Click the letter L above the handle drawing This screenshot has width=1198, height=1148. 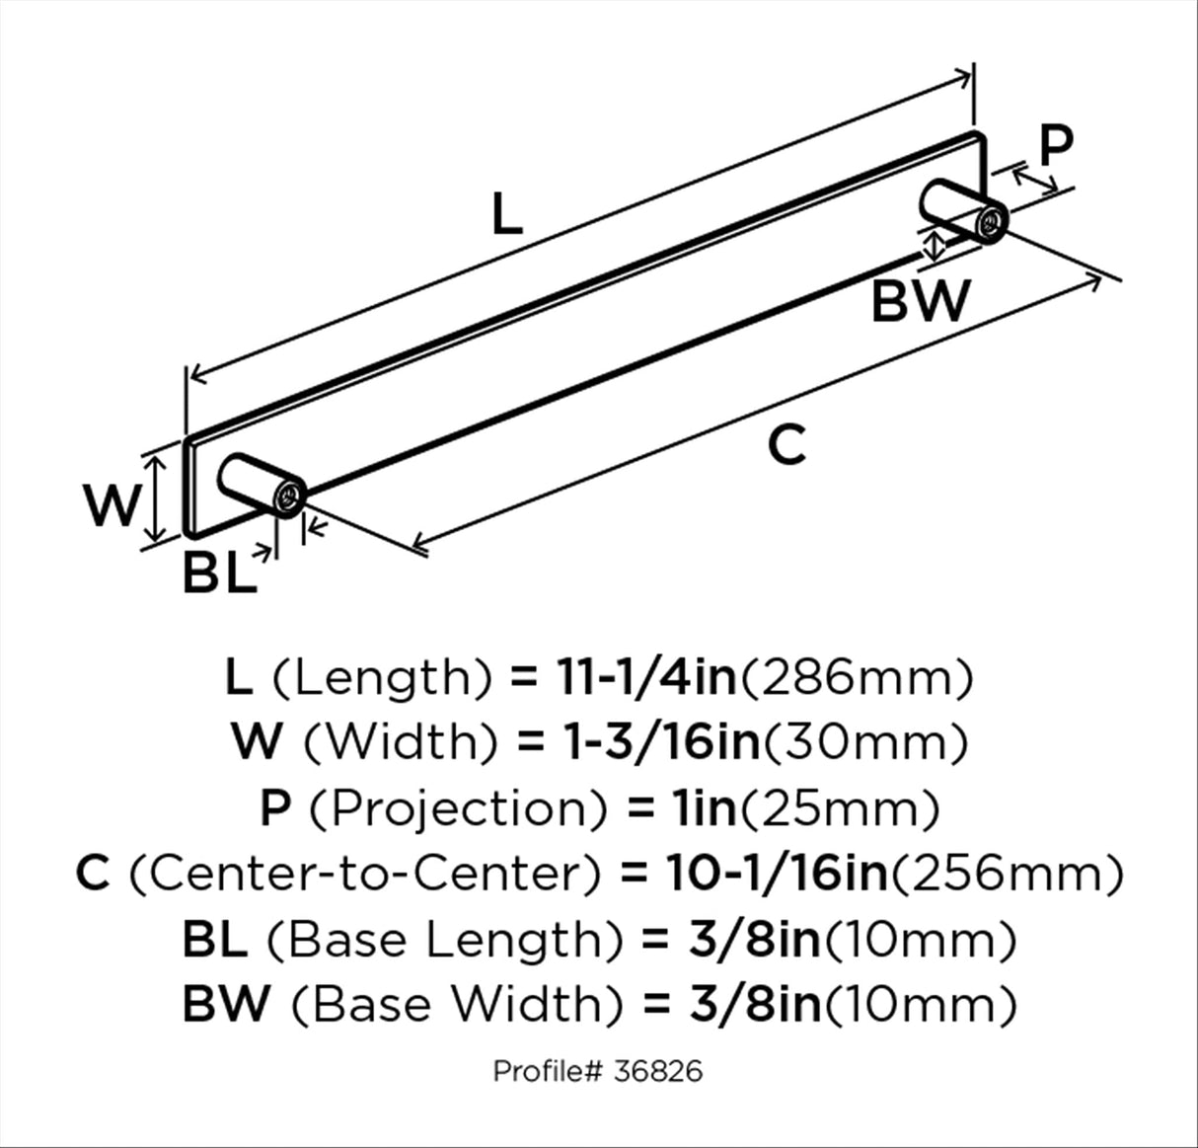[x=507, y=214]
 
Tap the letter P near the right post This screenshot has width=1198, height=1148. [x=1056, y=145]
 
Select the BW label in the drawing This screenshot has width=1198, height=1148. [x=921, y=300]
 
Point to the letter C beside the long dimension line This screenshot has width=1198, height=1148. [x=786, y=444]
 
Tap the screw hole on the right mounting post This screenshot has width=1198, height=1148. [x=991, y=222]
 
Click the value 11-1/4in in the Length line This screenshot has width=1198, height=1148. [x=647, y=679]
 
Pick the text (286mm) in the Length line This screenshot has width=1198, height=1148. [x=857, y=679]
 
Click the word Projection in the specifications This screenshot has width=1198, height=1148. [x=457, y=809]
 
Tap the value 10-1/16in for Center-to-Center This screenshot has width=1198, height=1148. [x=778, y=875]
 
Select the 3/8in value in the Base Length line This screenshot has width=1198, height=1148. [x=755, y=941]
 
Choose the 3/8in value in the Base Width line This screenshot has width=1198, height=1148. [x=755, y=1006]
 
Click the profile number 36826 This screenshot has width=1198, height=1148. [x=657, y=1072]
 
